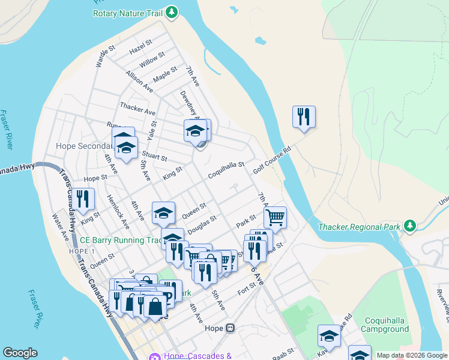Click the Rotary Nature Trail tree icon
(172, 12)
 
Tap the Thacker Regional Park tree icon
(410, 226)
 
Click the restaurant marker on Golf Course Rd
(304, 116)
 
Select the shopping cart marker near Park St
(275, 217)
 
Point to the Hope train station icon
(230, 328)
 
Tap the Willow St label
(152, 59)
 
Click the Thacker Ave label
(137, 108)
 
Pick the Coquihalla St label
(226, 169)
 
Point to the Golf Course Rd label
(271, 159)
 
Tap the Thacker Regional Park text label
(360, 227)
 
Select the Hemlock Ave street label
(118, 211)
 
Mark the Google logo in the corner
(20, 353)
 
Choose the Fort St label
(247, 288)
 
